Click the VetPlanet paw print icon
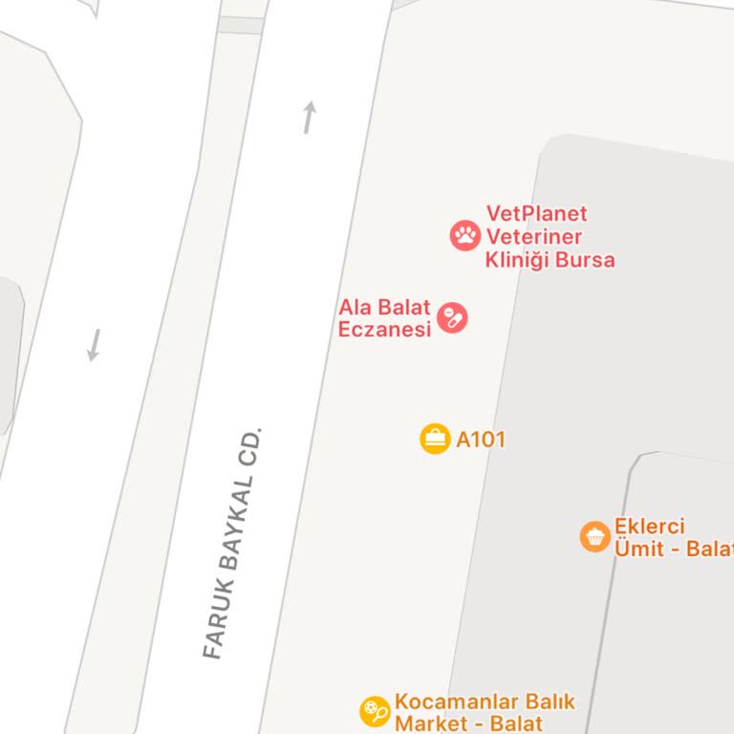465,235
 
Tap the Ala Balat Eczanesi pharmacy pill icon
452,317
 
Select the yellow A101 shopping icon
435,439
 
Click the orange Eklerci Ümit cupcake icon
595,536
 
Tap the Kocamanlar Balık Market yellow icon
375,712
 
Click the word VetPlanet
536,213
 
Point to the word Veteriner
533,236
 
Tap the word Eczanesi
385,330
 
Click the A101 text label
480,440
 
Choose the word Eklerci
650,527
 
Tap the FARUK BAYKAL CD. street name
232,543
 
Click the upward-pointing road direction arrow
309,118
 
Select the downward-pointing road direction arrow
94,344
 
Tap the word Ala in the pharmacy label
356,307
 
